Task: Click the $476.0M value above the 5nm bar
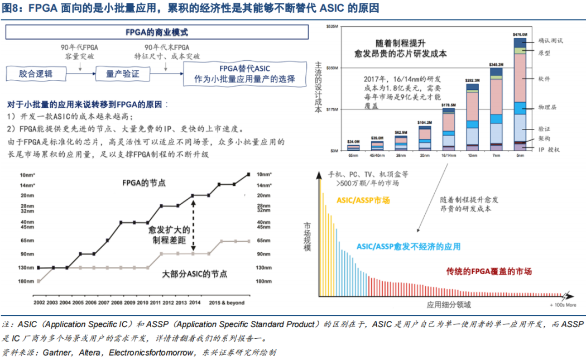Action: tap(520, 34)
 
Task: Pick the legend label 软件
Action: tap(545, 79)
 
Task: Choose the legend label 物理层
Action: tap(547, 107)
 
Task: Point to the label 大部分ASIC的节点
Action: tap(195, 274)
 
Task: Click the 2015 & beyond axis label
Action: tap(227, 303)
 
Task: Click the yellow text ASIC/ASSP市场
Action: tap(363, 200)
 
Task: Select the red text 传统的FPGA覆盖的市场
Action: tap(489, 271)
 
